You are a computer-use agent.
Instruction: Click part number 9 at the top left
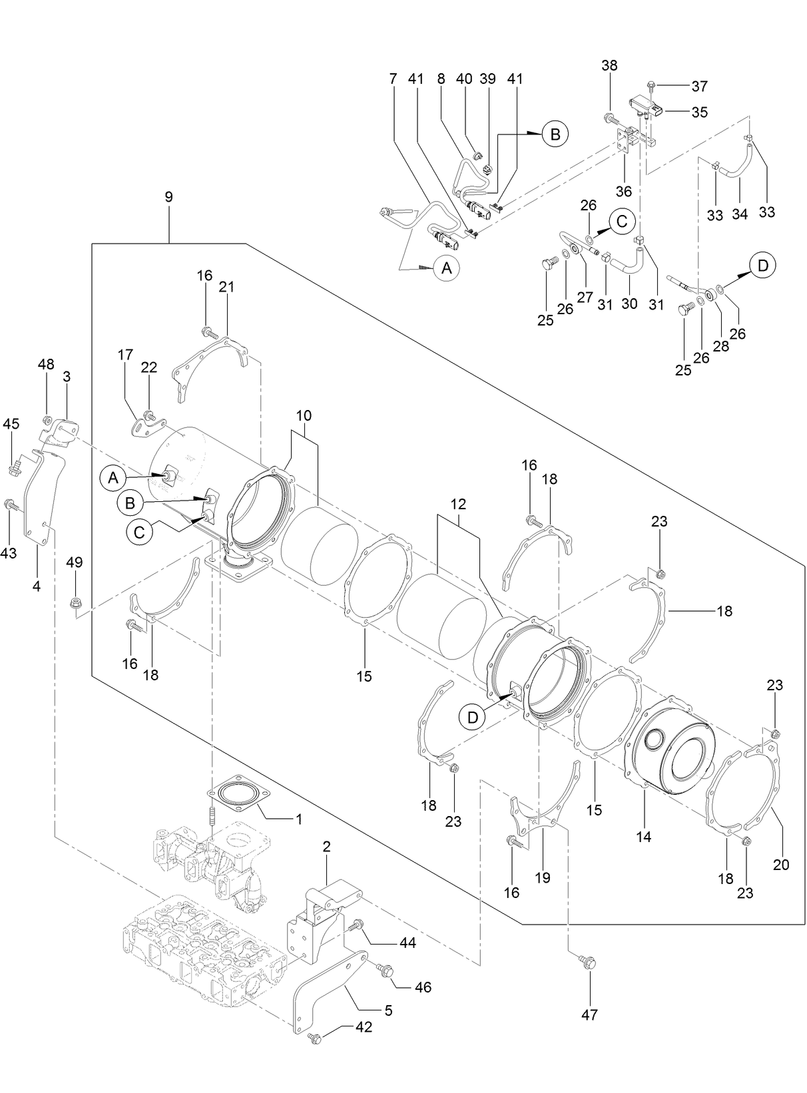pos(168,196)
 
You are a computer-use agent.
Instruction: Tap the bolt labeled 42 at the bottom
pos(316,1038)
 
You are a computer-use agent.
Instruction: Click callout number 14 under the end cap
pos(643,837)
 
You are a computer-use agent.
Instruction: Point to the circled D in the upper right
pos(762,266)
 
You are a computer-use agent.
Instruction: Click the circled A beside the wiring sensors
pos(446,268)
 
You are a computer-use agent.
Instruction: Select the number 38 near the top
pos(609,65)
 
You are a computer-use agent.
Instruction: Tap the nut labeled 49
pos(75,604)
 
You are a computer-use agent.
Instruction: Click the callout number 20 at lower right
pos(781,864)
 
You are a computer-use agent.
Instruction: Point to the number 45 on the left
pos(11,423)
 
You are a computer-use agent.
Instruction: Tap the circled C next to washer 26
pos(621,221)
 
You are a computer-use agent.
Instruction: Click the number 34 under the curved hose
pos(740,214)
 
